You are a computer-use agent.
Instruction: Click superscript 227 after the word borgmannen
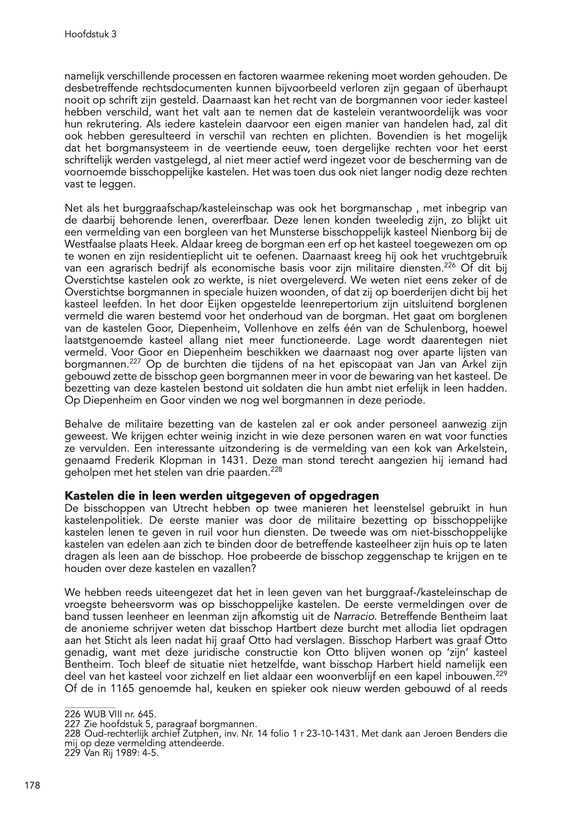pyautogui.click(x=134, y=361)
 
